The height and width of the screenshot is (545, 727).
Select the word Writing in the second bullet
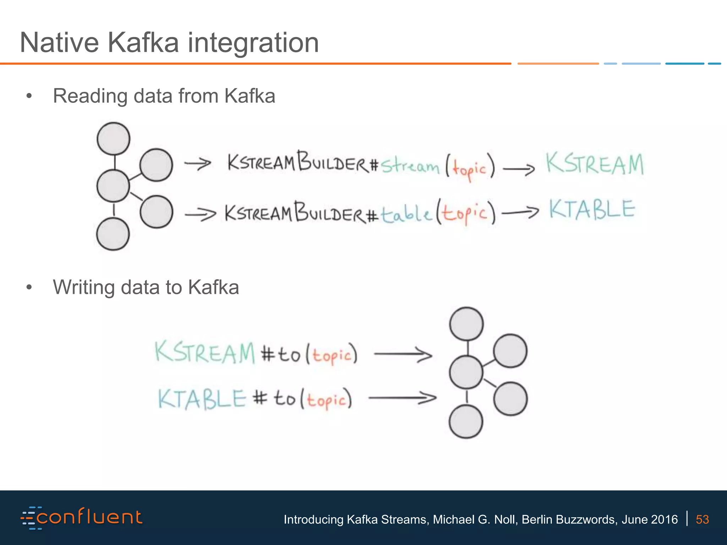coord(84,287)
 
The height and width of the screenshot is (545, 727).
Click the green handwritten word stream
coord(410,165)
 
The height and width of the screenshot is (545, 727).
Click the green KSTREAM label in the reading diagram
coord(595,164)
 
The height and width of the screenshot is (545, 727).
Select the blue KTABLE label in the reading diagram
coord(592,209)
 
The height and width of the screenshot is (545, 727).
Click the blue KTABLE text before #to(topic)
coord(202,399)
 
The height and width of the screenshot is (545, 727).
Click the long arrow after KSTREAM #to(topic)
coord(403,354)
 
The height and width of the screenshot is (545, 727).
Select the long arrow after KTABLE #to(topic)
coord(403,398)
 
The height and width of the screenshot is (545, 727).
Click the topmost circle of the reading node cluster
coord(114,139)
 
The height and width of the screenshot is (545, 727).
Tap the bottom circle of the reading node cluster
coord(113,234)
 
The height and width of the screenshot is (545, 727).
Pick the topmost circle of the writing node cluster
coord(466,324)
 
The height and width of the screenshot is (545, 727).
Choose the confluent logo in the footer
coord(82,518)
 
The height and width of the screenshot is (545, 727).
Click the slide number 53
coord(702,519)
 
